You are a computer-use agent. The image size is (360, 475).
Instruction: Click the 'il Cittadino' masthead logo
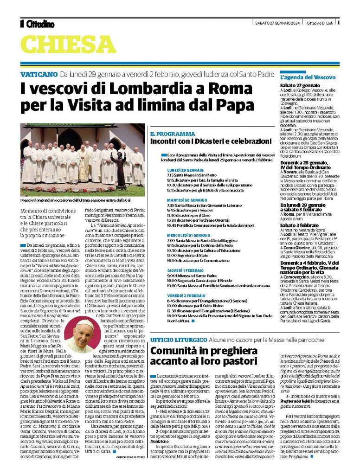coord(37,24)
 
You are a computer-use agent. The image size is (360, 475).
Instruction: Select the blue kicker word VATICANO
coord(39,74)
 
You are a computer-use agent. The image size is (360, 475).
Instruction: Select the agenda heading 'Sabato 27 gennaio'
coord(299,86)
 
